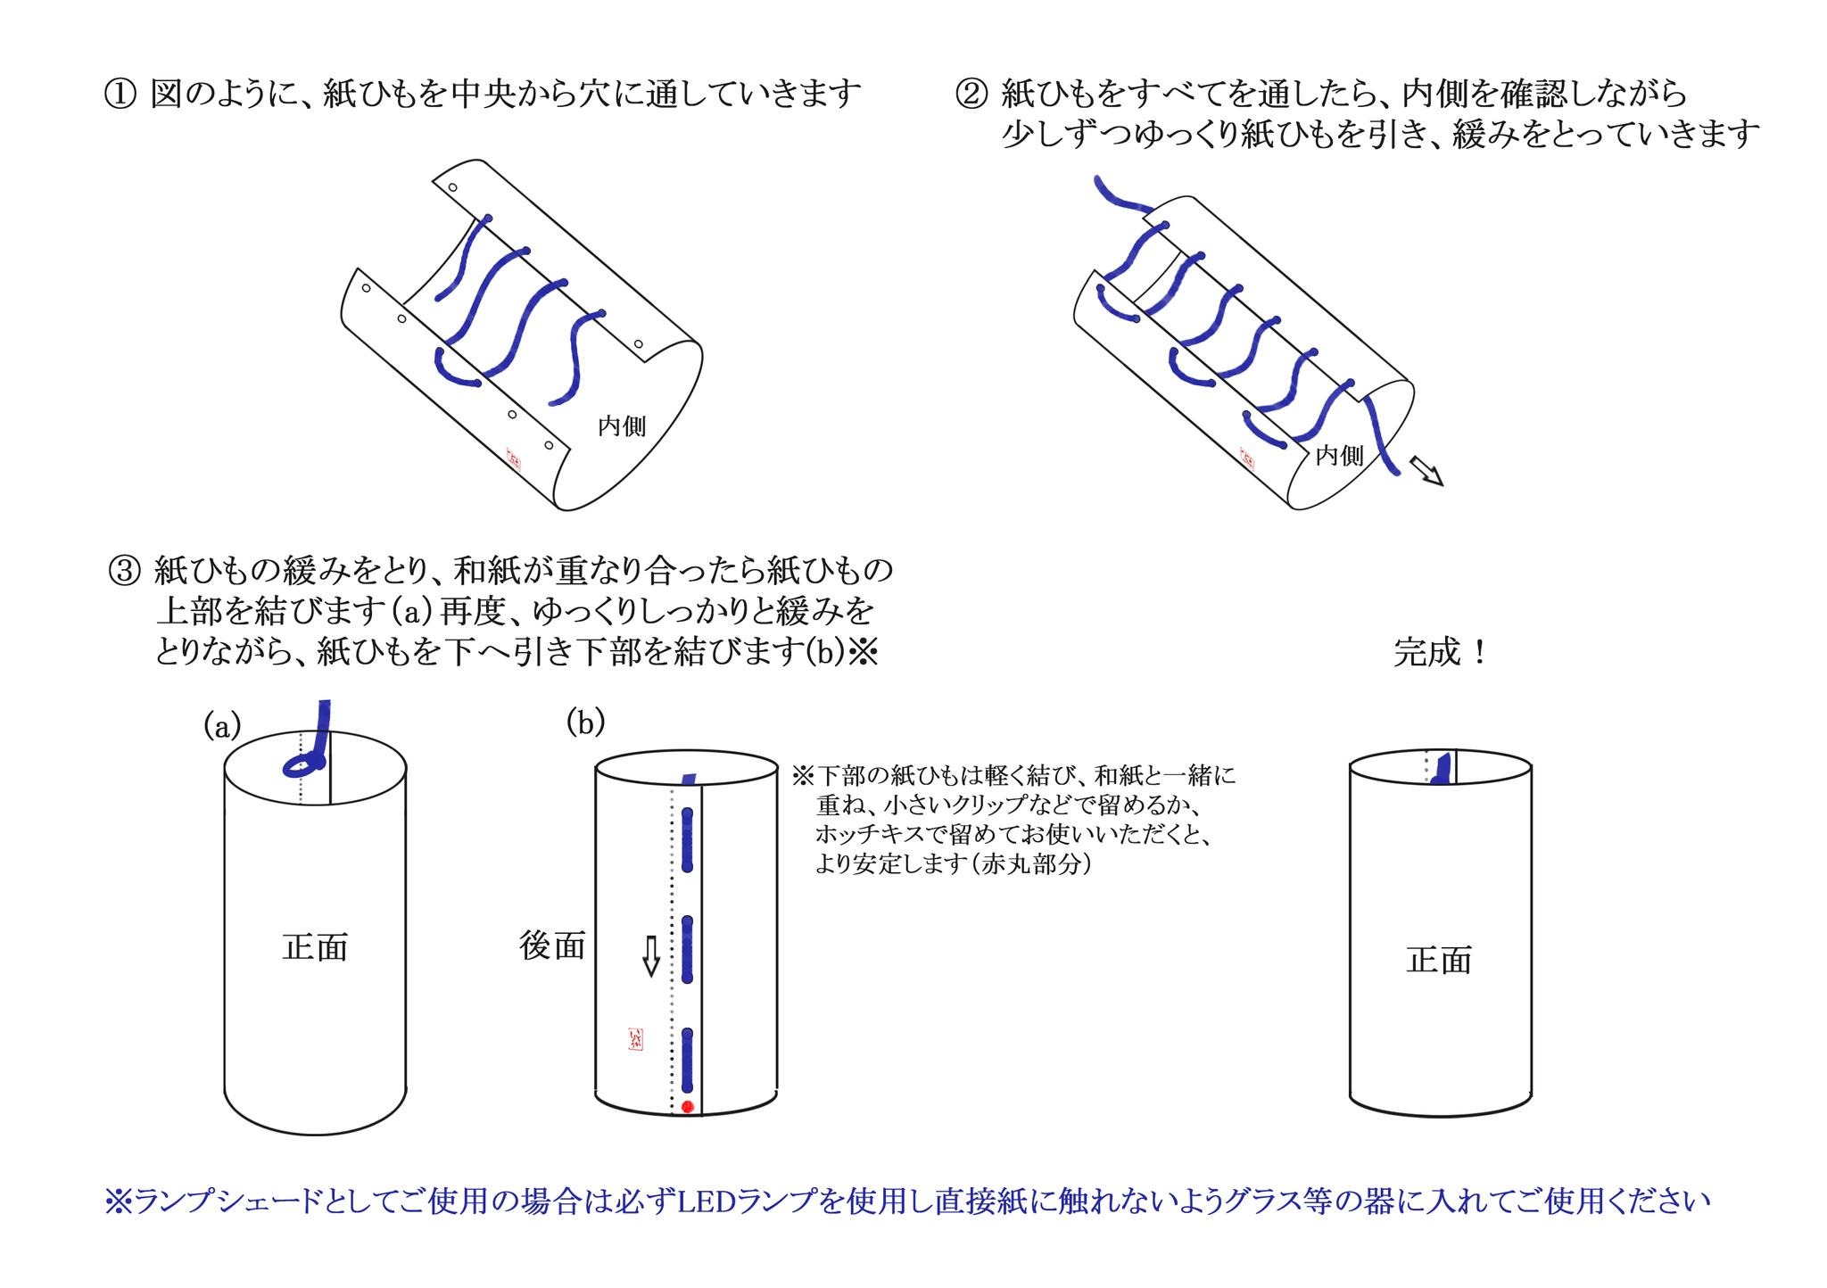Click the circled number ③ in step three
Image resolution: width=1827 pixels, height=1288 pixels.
[x=124, y=569]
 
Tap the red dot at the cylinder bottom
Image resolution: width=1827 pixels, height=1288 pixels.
[x=687, y=1106]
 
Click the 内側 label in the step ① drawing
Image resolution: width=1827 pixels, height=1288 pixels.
[x=622, y=426]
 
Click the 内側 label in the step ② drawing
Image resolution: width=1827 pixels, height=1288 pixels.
[x=1339, y=456]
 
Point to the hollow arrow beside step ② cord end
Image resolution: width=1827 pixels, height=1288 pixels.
[x=1425, y=470]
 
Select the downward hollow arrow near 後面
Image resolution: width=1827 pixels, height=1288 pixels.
[x=651, y=956]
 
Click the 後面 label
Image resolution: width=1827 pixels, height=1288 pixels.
[x=552, y=946]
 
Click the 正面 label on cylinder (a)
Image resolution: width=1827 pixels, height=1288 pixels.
[x=314, y=947]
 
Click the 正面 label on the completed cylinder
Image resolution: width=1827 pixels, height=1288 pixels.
[x=1438, y=961]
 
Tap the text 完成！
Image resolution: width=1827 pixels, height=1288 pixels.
[x=1440, y=653]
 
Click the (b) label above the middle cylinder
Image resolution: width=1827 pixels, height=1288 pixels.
[x=585, y=722]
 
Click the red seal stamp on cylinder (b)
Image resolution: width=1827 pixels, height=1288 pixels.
[x=635, y=1038]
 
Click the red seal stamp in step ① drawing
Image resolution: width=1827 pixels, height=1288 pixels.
[x=515, y=458]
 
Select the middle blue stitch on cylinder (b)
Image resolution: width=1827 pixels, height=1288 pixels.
[x=688, y=949]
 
